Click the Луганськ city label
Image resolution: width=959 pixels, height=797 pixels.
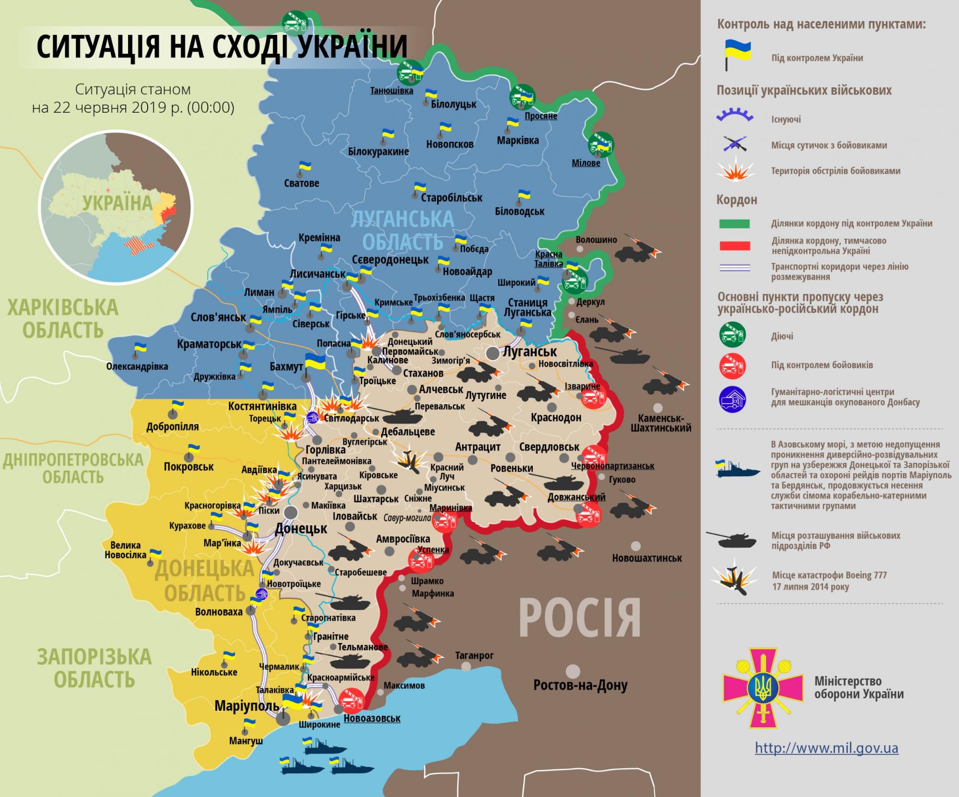point(529,352)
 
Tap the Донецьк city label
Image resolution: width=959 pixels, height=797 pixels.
point(301,529)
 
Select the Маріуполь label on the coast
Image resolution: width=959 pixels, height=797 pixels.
point(246,706)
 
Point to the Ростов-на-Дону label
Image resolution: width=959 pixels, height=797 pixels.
point(580,685)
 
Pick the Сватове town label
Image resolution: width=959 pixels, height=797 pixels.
point(301,183)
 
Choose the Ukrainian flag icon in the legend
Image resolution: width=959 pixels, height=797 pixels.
point(737,55)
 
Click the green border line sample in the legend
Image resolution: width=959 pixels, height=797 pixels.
point(734,223)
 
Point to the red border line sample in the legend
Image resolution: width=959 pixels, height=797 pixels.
point(734,246)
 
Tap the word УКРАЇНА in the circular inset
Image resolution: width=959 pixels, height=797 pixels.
point(117,203)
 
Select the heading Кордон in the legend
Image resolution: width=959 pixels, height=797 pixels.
point(737,199)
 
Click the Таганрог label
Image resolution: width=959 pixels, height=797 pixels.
point(474,655)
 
